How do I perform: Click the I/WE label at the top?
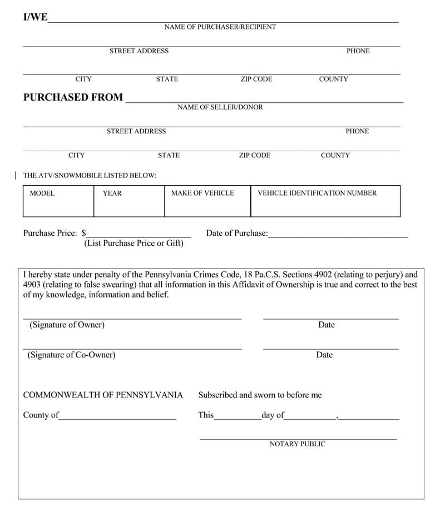tap(35, 17)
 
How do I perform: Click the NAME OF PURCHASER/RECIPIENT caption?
tap(220, 27)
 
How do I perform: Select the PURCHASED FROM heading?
tap(73, 97)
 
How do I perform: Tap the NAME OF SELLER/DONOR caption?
tap(220, 107)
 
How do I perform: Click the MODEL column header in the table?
tap(42, 193)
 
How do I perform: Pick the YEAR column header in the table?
tap(112, 193)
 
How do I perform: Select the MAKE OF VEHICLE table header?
tap(202, 193)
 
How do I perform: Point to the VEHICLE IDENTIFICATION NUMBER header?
tap(317, 193)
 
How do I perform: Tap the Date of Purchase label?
tap(236, 233)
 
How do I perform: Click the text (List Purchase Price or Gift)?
tap(133, 243)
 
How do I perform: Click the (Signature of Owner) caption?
tap(67, 325)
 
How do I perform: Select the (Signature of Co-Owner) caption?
tap(71, 355)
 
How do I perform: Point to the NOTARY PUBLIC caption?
tap(298, 444)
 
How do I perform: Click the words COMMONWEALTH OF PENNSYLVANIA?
tap(103, 395)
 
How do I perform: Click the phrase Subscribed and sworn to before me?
tap(260, 395)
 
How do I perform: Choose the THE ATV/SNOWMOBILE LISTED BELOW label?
tap(90, 176)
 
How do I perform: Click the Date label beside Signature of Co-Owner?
tap(324, 355)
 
